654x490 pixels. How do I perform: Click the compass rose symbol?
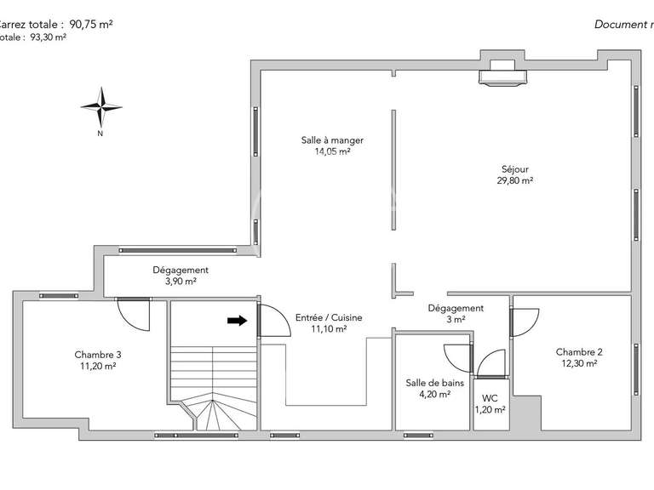(x=100, y=105)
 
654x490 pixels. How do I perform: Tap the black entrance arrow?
(x=238, y=321)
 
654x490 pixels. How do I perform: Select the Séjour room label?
(x=515, y=168)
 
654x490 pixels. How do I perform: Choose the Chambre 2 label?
(x=579, y=352)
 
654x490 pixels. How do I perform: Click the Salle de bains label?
(x=434, y=383)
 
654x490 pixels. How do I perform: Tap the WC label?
(x=490, y=398)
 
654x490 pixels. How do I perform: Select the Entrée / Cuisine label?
(x=329, y=318)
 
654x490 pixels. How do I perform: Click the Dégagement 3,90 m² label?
(x=180, y=271)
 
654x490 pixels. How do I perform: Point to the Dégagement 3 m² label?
(x=456, y=309)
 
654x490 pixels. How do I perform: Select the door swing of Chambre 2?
(x=523, y=322)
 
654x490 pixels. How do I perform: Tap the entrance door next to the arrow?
(x=271, y=322)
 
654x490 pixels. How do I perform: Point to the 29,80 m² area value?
(x=515, y=180)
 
